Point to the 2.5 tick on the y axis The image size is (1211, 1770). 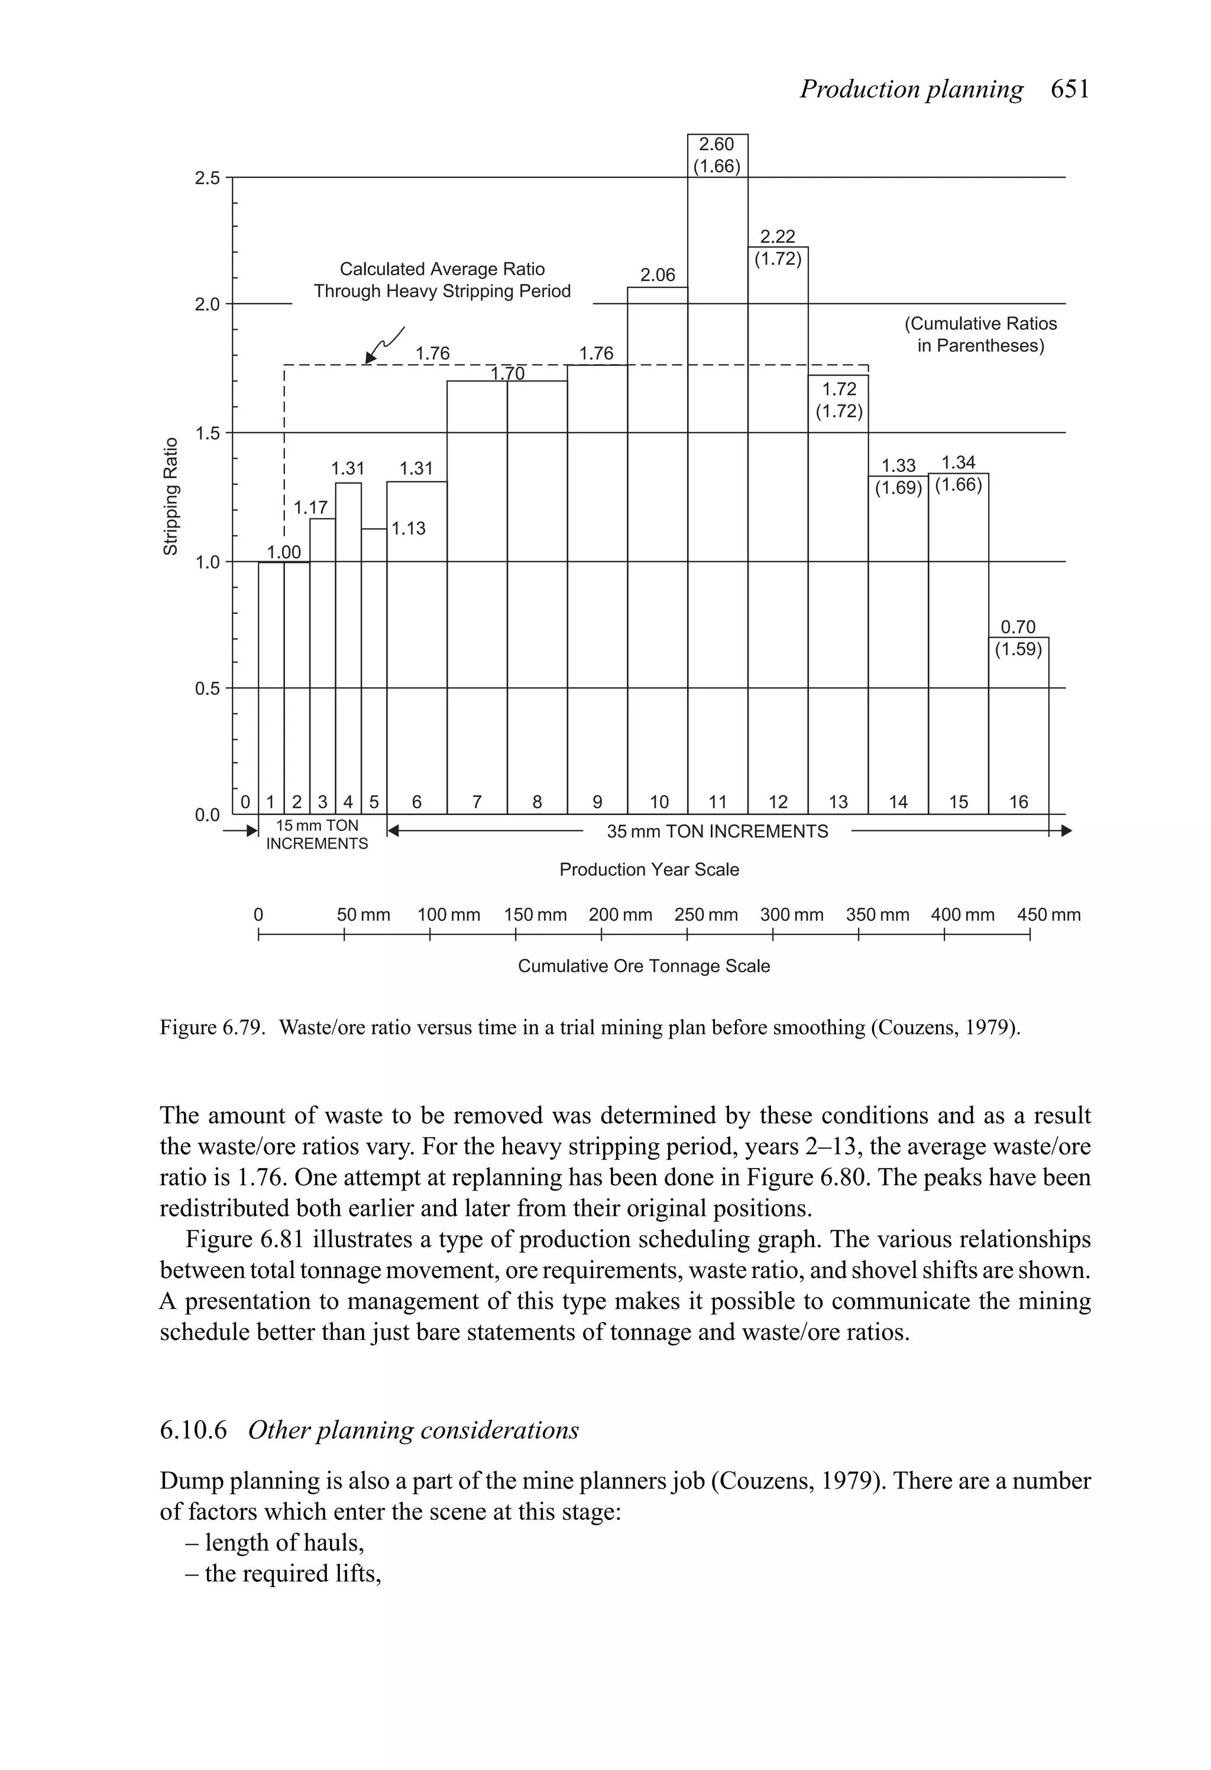207,178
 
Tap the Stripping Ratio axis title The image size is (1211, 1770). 171,497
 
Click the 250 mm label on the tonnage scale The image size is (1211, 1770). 705,915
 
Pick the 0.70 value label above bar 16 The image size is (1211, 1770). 1018,627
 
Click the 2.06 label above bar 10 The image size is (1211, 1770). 658,275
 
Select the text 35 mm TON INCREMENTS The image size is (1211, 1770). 717,831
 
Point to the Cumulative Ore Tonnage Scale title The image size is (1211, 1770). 643,966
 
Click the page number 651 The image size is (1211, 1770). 1070,89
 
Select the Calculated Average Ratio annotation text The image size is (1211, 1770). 442,280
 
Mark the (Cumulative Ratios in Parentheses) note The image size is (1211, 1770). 980,334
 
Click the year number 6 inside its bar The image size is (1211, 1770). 417,802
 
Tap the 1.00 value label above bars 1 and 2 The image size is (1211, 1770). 283,551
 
